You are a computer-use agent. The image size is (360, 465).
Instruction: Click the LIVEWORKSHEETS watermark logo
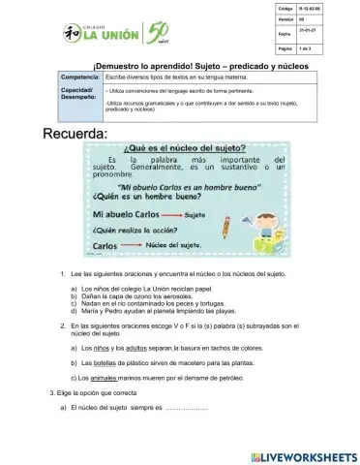(306, 453)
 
